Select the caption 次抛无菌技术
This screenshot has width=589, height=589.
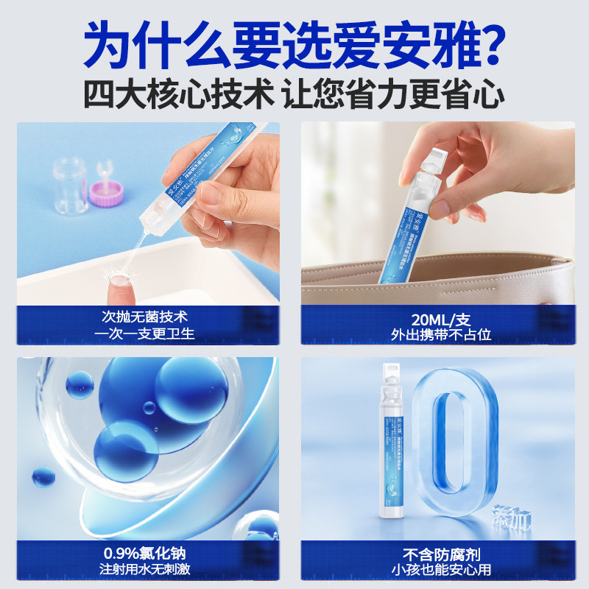pyautogui.click(x=147, y=317)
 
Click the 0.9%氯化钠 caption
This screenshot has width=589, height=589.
pyautogui.click(x=147, y=554)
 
